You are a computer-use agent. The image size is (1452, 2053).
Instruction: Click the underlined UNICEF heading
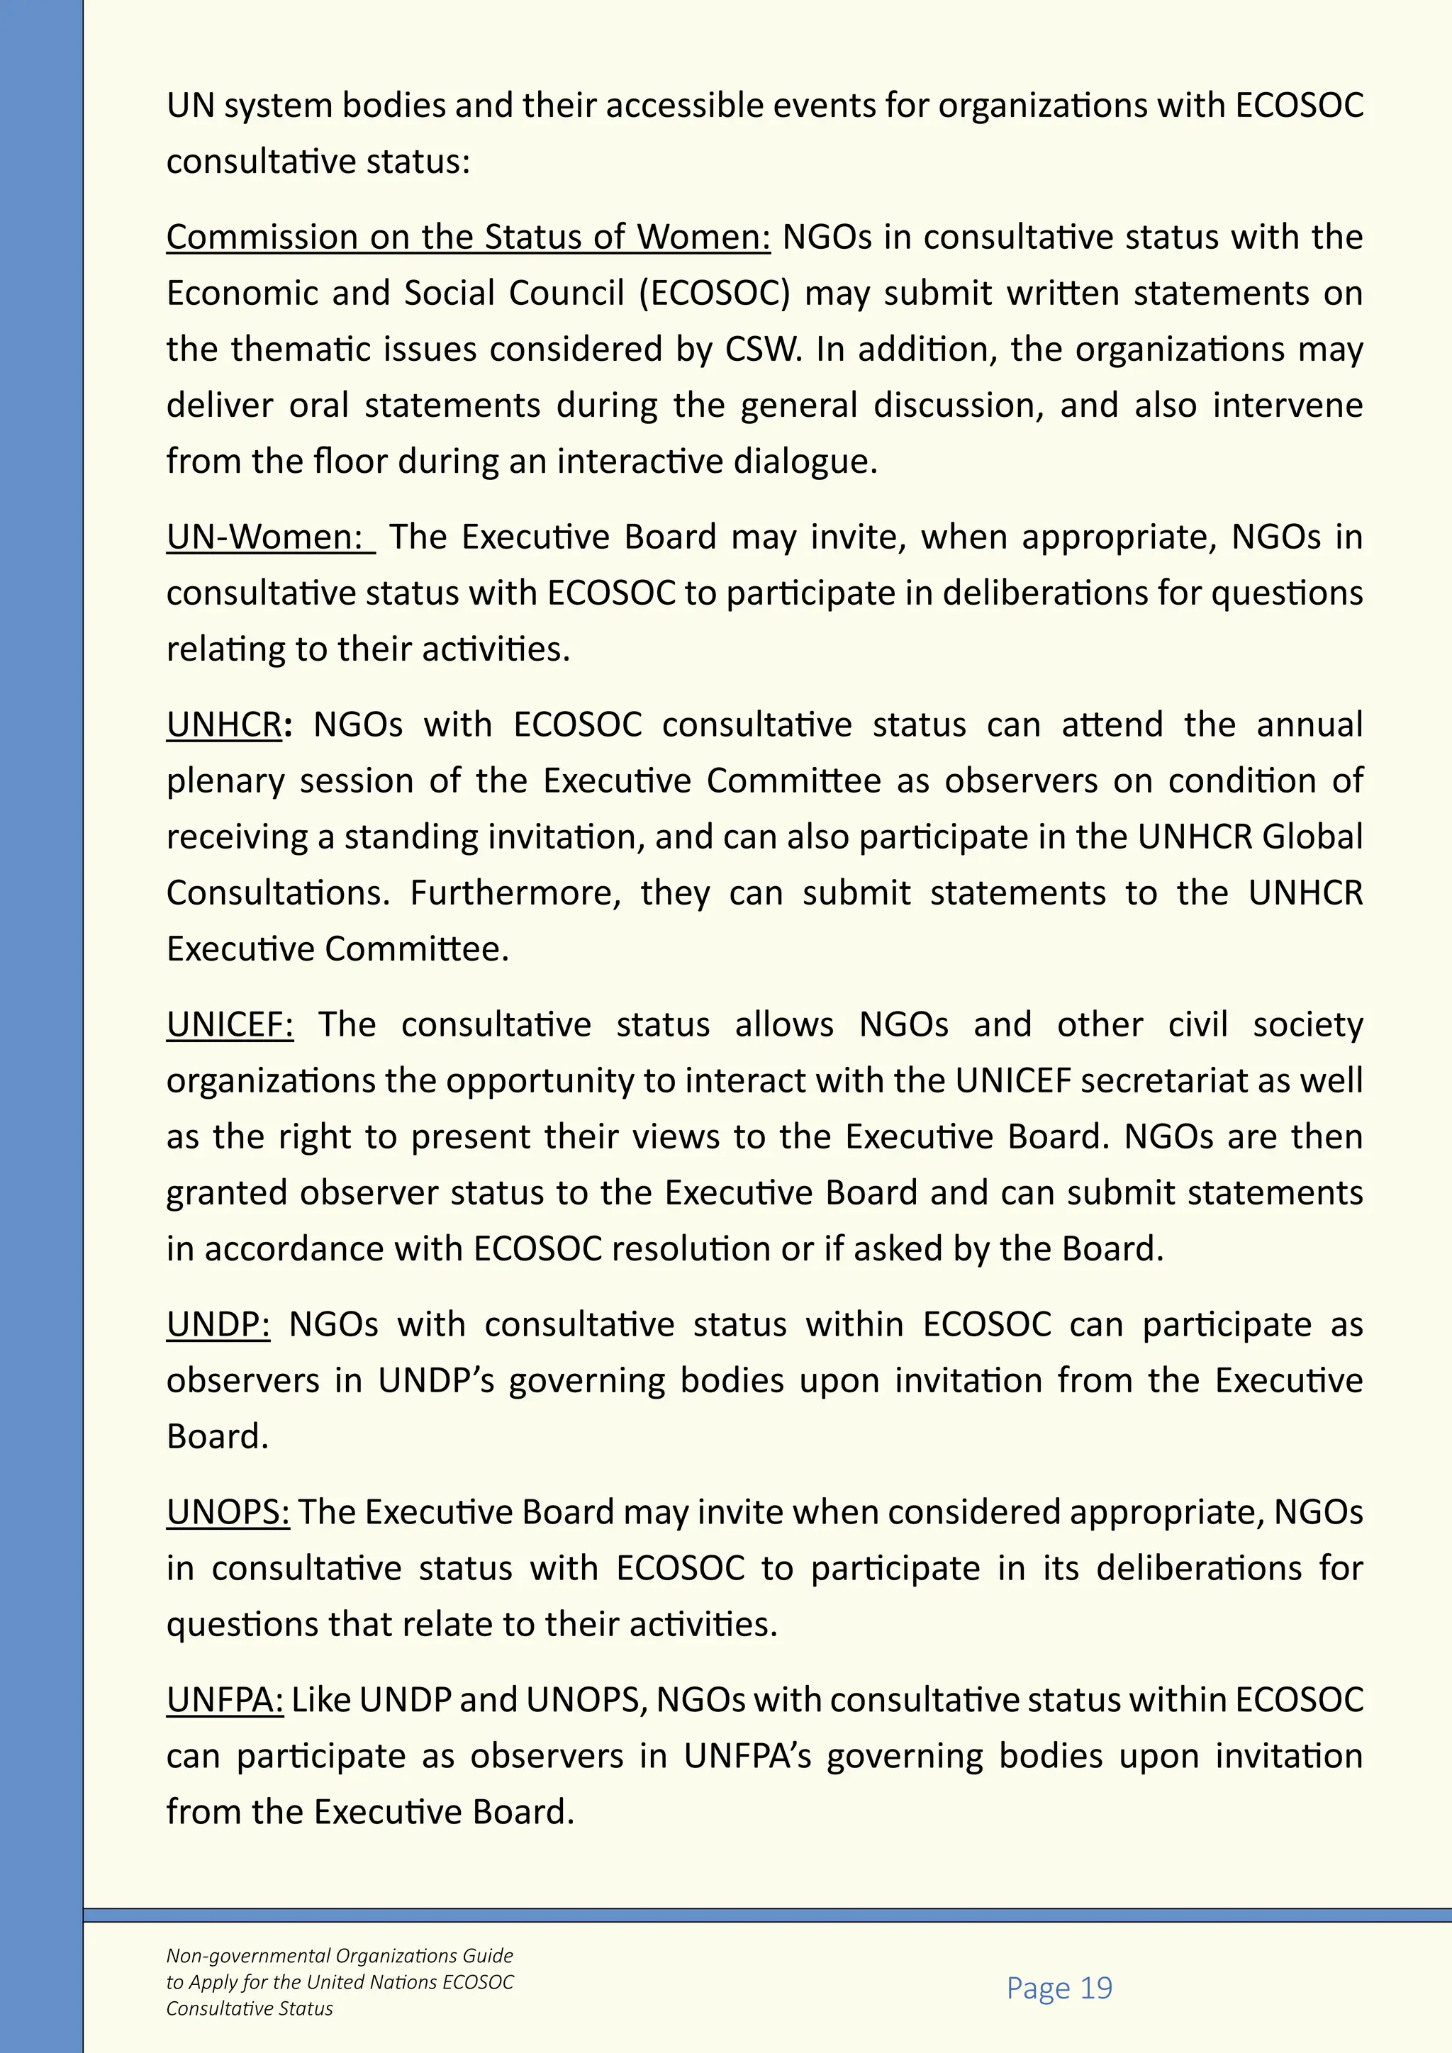(229, 1024)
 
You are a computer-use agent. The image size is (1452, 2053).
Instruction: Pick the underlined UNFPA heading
(225, 1700)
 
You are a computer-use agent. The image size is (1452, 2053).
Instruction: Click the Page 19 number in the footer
(1059, 1988)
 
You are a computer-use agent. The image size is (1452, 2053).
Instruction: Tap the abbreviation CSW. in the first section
(761, 349)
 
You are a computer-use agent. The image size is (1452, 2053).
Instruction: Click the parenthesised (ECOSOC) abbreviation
(715, 294)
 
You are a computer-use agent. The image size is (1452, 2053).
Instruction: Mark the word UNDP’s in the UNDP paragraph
(435, 1380)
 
